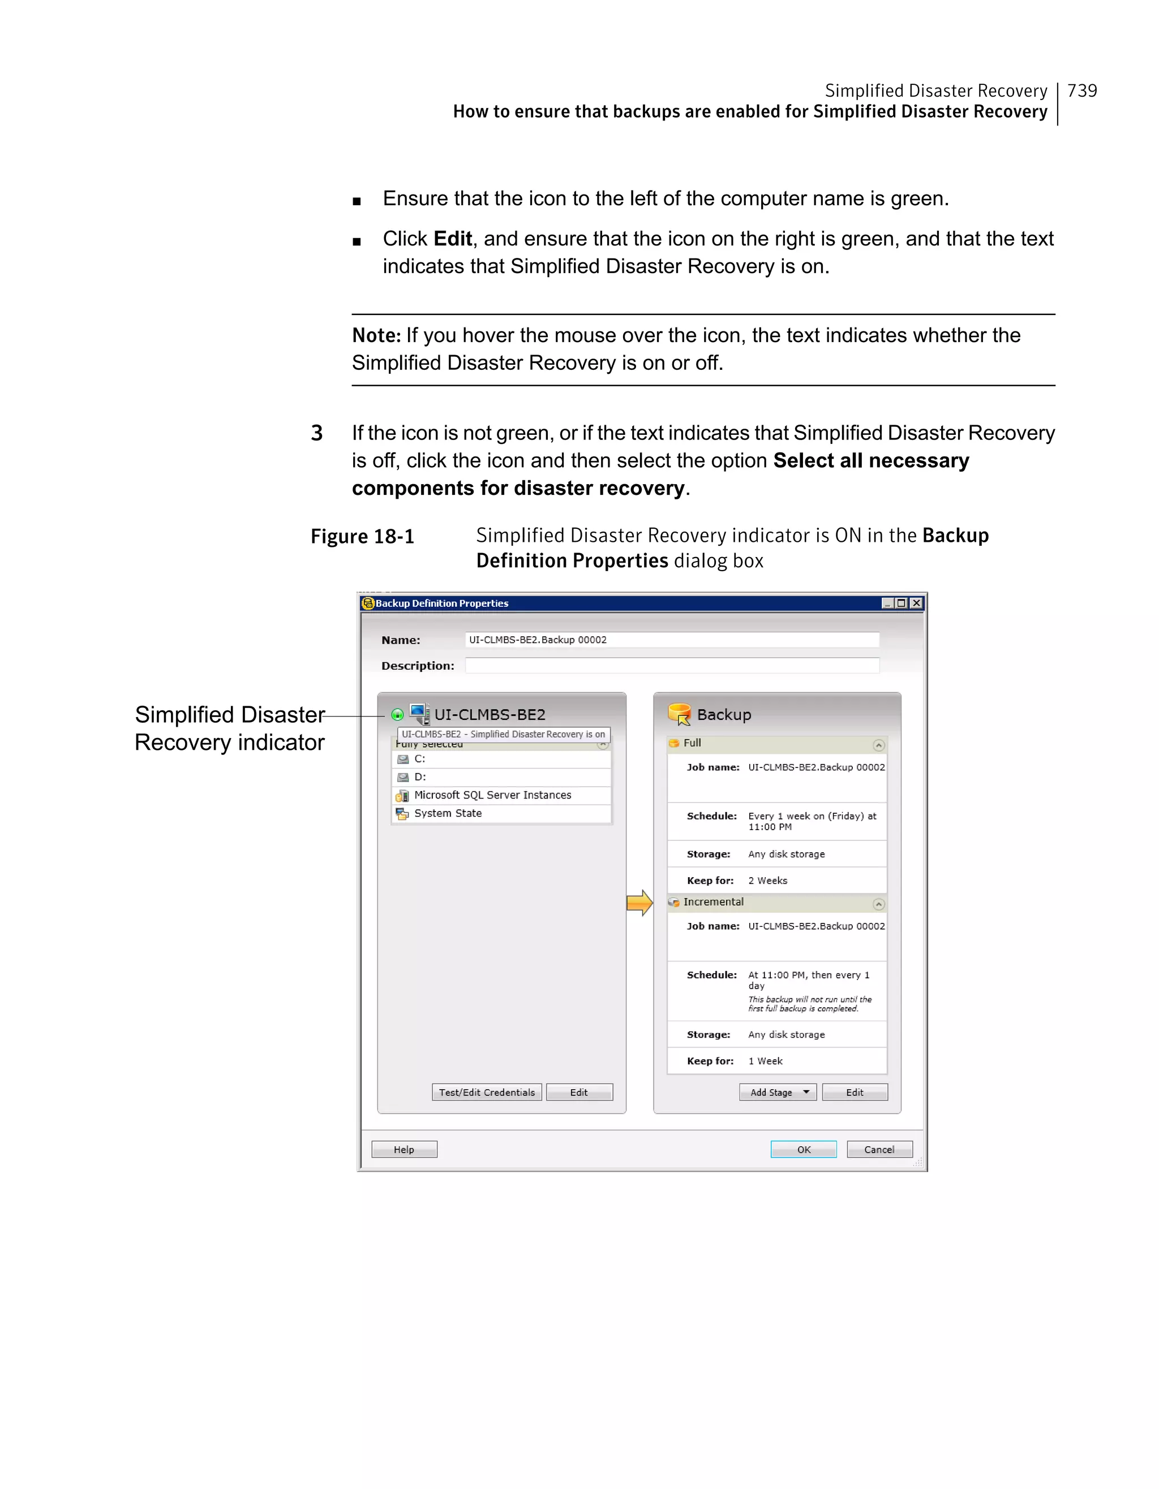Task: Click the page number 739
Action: pos(1082,90)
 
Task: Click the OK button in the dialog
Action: pos(803,1150)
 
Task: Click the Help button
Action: pos(404,1150)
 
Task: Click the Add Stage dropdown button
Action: pos(778,1092)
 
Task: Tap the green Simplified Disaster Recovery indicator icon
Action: pos(397,714)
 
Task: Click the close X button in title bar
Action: pos(916,603)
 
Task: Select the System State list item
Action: pos(448,813)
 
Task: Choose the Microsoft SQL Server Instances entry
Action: pos(492,795)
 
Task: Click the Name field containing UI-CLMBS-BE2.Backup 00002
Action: pos(672,640)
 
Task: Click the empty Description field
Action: pos(672,666)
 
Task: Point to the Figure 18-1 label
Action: pos(362,537)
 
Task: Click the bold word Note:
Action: pos(376,335)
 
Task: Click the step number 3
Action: pos(316,433)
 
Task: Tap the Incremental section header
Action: pos(713,902)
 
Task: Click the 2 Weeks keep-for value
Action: pos(767,881)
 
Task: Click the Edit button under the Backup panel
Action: pos(854,1092)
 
